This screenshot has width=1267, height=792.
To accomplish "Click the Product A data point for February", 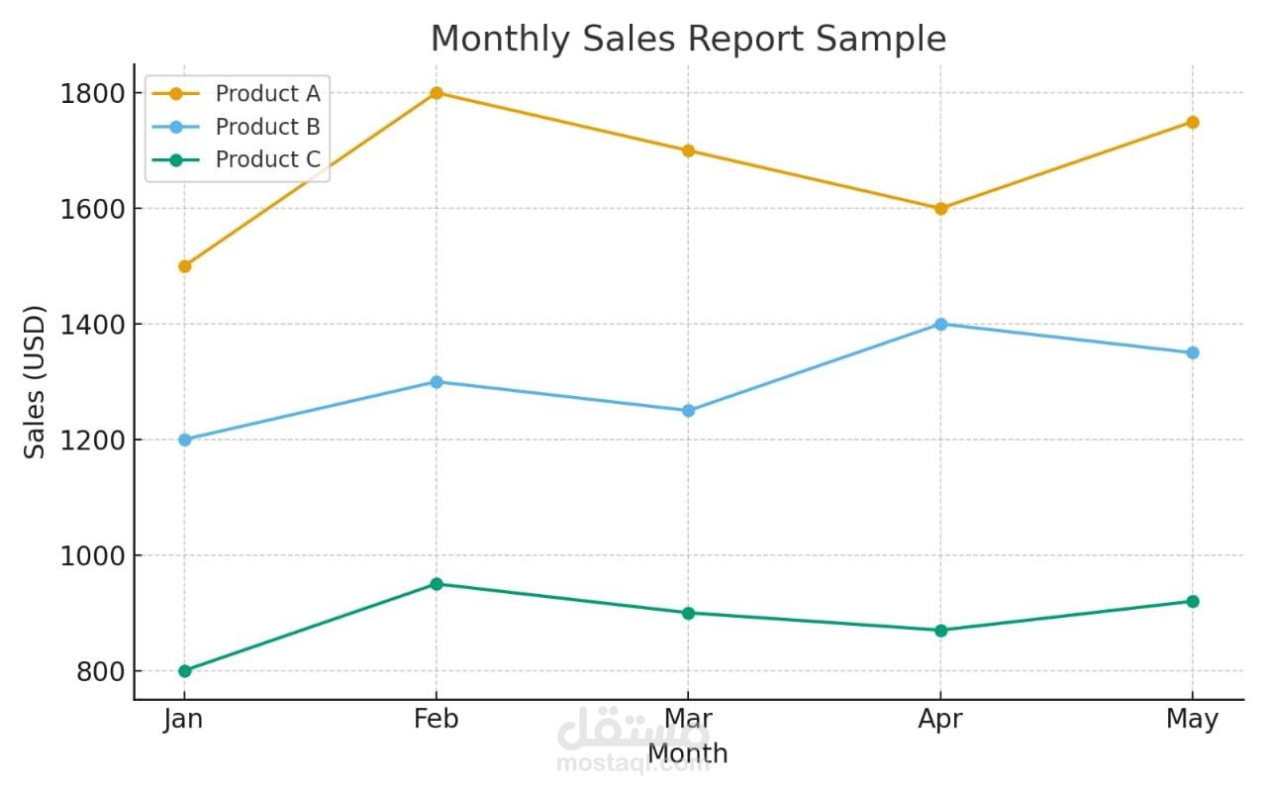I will pos(437,93).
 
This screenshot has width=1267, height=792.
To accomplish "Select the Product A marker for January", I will pos(184,266).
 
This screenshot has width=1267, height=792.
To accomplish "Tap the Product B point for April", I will pos(940,324).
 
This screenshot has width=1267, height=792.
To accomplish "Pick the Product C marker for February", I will pos(437,584).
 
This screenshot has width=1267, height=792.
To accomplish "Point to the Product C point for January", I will pos(184,671).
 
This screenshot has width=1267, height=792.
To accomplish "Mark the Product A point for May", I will pos(1193,122).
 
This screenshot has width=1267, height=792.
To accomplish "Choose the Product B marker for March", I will pos(689,411).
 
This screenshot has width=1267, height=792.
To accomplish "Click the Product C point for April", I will pos(940,631).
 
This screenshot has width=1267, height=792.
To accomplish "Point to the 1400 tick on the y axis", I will pos(91,325).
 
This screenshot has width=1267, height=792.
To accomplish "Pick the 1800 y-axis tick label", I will pos(91,94).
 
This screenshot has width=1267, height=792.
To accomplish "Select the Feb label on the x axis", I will pos(437,720).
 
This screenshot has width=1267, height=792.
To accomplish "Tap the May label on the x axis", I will pos(1192,720).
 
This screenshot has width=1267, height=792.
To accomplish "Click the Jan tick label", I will pos(183,720).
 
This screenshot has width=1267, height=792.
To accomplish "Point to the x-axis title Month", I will pos(688,754).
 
